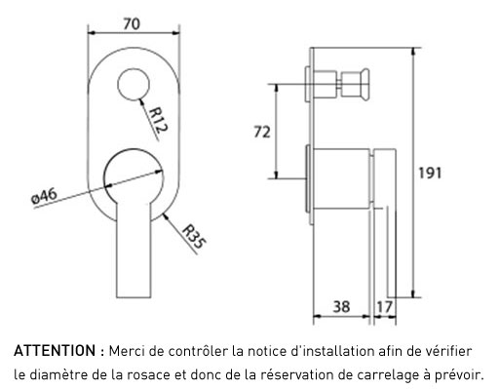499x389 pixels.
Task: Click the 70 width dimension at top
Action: (x=132, y=24)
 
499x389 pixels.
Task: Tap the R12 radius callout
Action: (x=159, y=120)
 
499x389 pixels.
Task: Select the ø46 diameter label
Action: (x=44, y=196)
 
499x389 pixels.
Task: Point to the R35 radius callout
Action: (x=194, y=236)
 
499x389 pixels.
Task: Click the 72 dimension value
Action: (x=262, y=133)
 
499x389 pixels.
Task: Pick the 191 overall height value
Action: (x=430, y=173)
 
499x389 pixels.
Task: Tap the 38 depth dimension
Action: (x=341, y=306)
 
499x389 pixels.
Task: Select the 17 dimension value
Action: (x=384, y=306)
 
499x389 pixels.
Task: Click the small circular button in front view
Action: (x=134, y=85)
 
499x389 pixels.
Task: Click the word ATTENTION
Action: (x=55, y=351)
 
